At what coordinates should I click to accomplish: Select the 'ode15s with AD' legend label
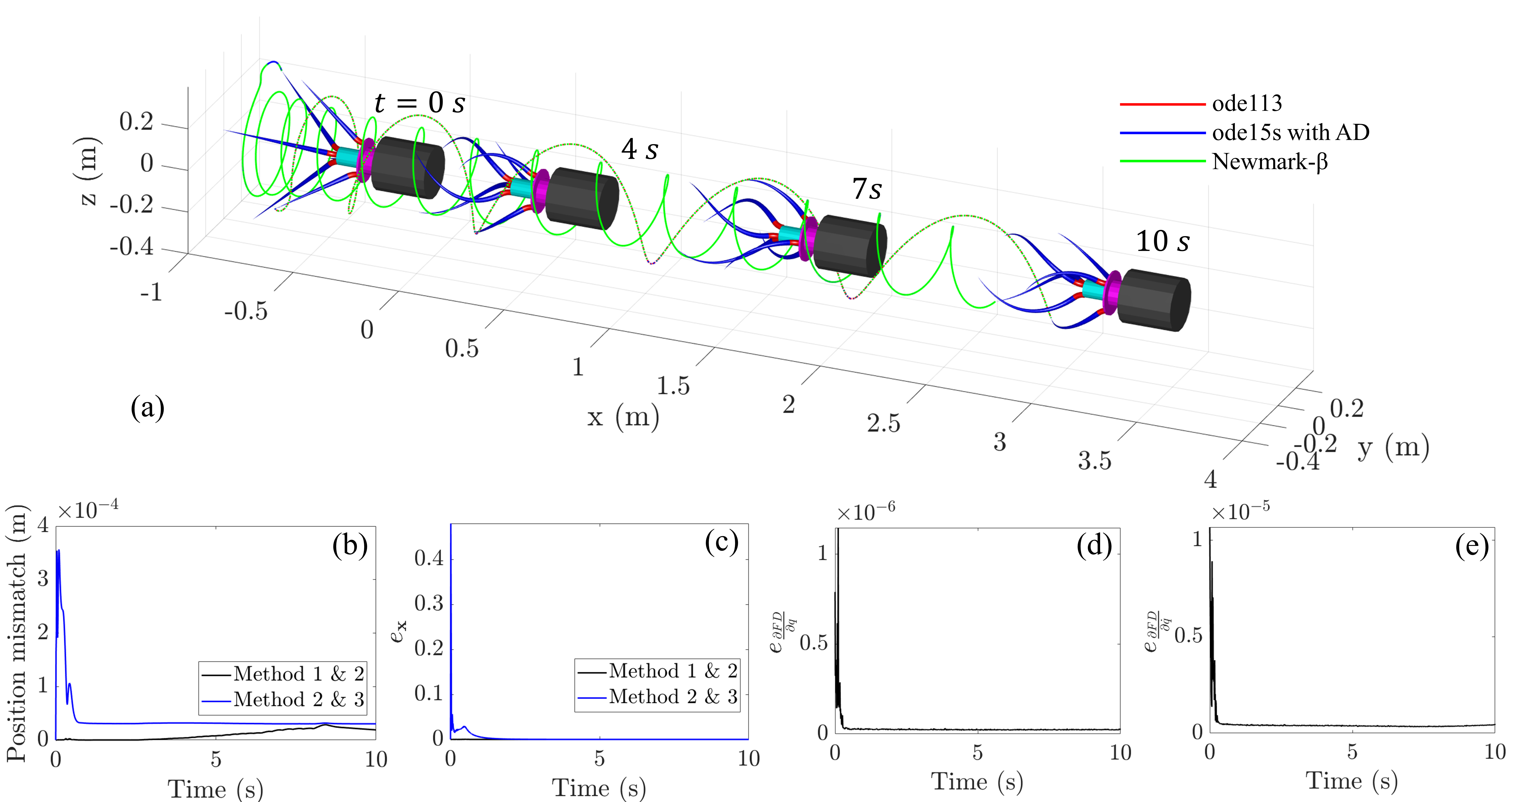pos(1290,133)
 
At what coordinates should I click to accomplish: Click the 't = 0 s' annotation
pos(419,103)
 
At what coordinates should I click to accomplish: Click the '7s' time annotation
pos(867,189)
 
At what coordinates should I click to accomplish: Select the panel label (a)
pos(147,407)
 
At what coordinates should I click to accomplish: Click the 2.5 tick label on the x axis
pos(883,423)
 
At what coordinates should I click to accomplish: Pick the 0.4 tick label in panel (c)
pos(429,558)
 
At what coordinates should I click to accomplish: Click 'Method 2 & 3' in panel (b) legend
pos(298,699)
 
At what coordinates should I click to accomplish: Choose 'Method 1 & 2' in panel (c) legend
pos(672,670)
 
